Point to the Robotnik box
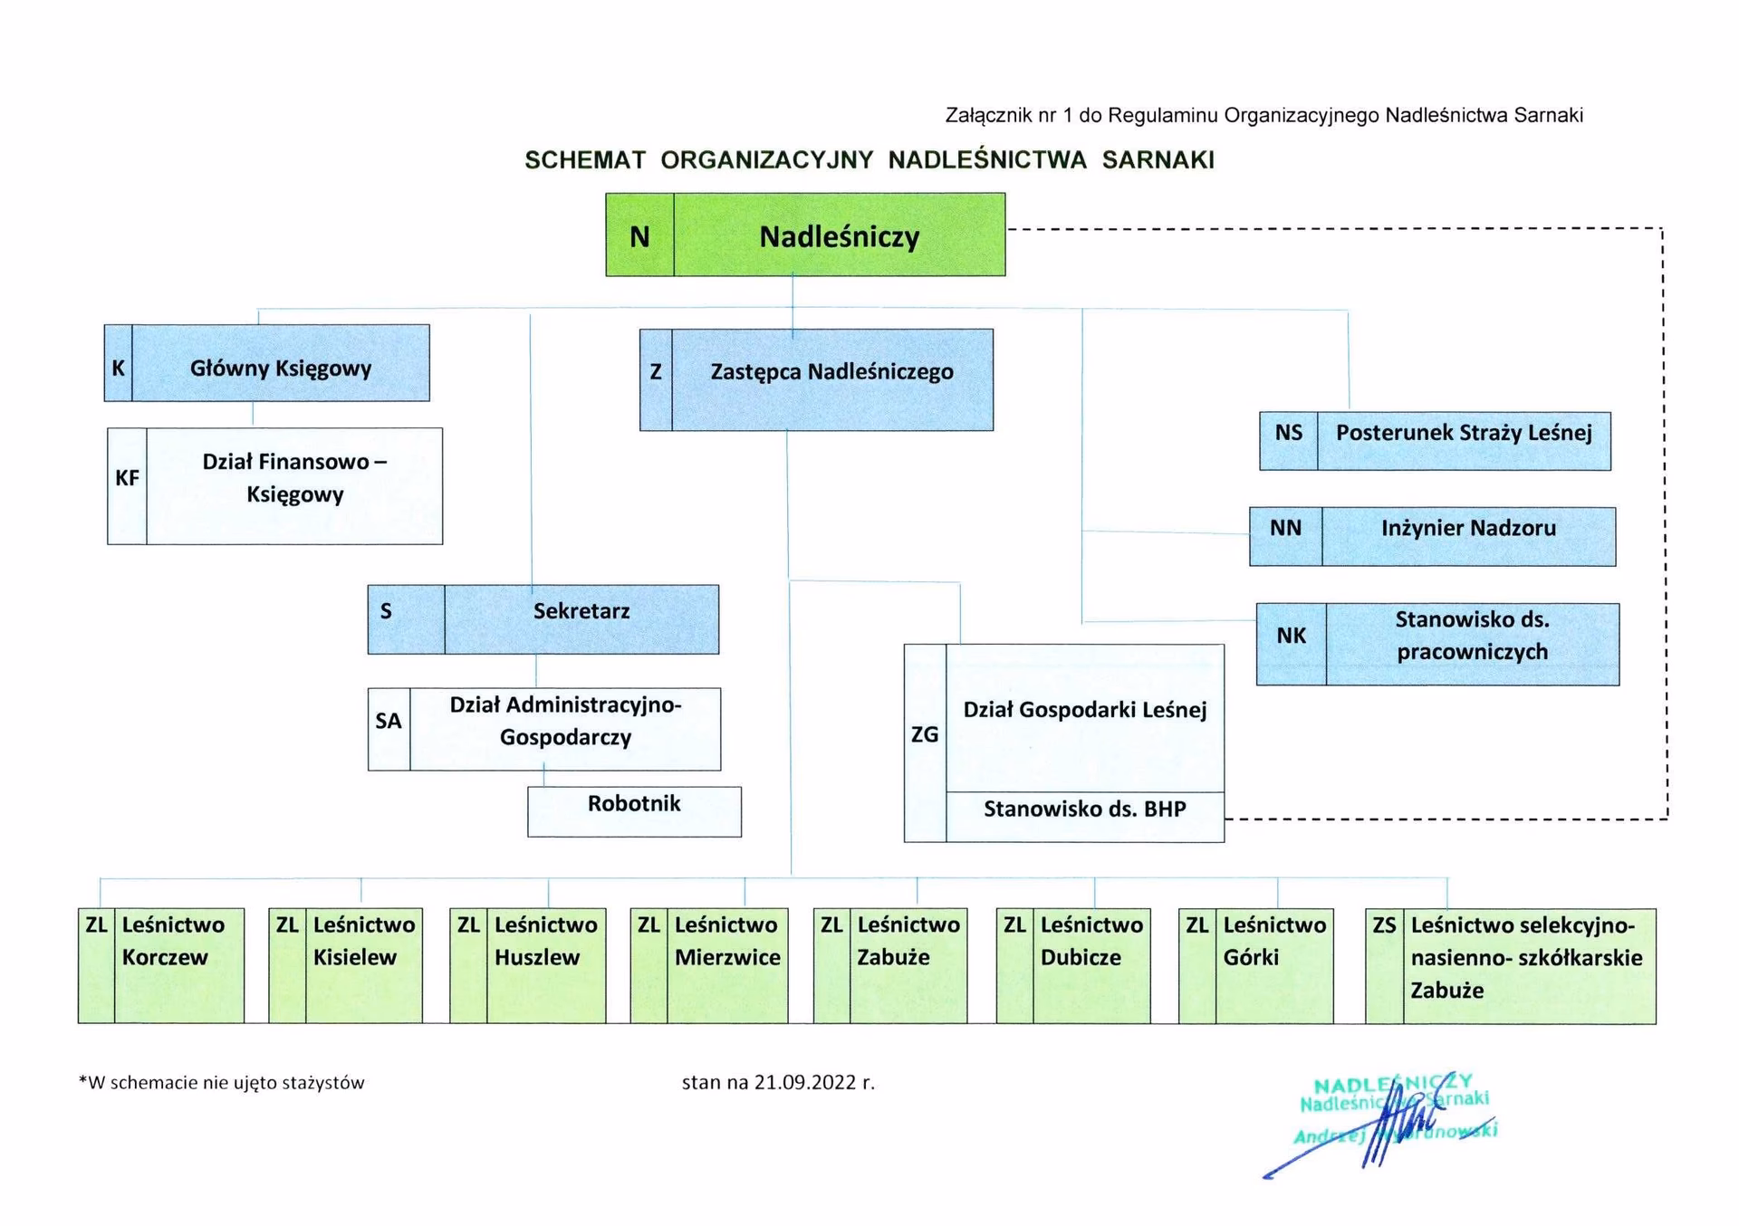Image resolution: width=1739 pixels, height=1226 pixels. (x=634, y=810)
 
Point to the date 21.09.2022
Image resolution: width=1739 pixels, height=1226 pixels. (x=805, y=1082)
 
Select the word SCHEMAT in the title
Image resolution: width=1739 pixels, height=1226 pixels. (x=585, y=160)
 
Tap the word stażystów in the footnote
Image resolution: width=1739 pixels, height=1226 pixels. (x=324, y=1083)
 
